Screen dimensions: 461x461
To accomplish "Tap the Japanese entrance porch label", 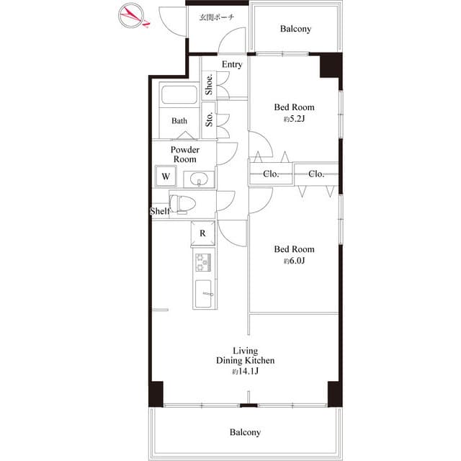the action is point(217,17).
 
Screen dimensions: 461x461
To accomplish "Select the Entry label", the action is point(232,64).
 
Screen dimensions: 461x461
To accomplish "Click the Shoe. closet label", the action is point(209,84).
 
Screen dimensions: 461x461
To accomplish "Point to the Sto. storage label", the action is point(209,119).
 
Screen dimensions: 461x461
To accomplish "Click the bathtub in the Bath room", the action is point(179,94).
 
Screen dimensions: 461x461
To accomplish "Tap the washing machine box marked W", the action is point(166,176).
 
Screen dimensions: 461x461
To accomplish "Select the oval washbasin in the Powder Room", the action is point(199,179).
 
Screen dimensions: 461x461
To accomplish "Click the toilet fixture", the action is point(182,204).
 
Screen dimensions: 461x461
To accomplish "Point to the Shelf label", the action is point(160,211).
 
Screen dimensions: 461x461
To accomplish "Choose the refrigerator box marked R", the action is point(202,233).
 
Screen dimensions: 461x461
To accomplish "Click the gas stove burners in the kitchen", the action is point(203,262).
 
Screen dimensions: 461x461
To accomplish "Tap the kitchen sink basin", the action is point(203,294).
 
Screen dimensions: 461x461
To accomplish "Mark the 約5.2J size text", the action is point(295,119).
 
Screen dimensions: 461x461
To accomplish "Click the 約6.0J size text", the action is point(295,261).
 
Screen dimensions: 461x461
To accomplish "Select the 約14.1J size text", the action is point(245,372).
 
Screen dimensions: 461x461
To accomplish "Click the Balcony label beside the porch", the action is point(295,29).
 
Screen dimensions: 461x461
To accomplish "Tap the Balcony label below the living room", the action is point(245,432).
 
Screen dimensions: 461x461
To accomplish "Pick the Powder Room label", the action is point(185,154).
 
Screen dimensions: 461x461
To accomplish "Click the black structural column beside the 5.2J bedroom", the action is point(331,66).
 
